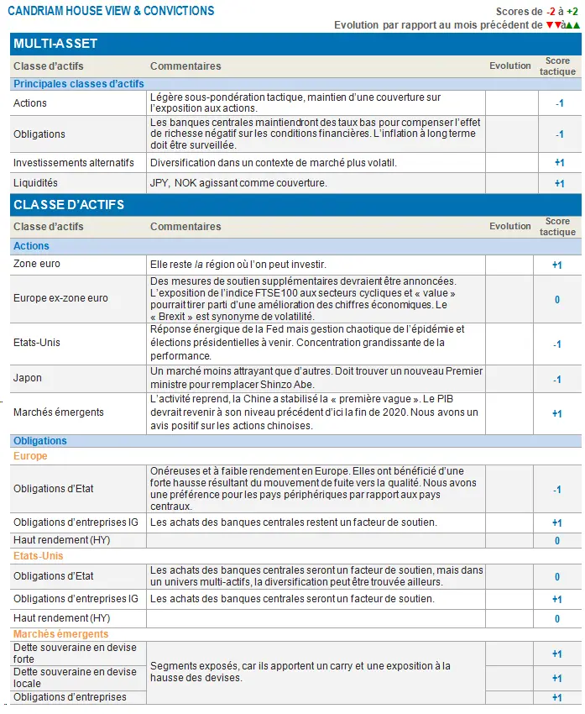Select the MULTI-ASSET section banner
click(55, 44)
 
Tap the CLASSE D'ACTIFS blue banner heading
click(69, 204)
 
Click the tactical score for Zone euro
click(557, 265)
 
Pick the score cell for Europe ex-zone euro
click(557, 299)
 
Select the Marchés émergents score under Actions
click(557, 413)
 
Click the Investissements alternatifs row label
click(74, 163)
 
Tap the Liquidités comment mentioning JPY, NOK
click(238, 183)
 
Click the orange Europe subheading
click(30, 456)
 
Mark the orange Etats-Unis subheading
click(38, 556)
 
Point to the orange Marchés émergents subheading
click(60, 634)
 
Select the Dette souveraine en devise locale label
click(75, 677)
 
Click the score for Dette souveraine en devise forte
click(557, 654)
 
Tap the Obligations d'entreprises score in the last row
click(557, 697)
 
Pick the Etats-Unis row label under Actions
click(37, 344)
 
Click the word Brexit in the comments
click(173, 317)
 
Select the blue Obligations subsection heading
click(40, 441)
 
